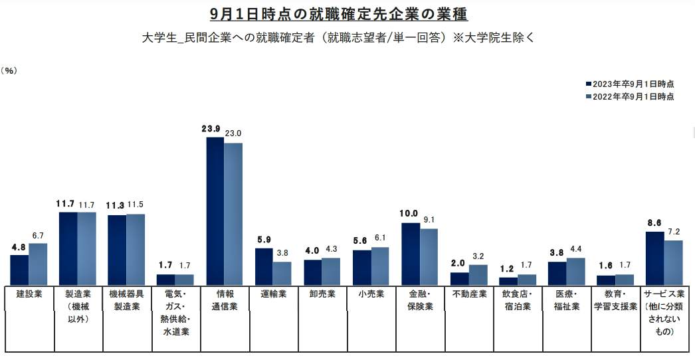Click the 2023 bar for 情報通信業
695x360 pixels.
pos(215,211)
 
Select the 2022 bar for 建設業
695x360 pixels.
pos(38,264)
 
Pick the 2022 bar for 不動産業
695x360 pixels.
pos(478,275)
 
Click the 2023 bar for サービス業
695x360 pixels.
pos(655,258)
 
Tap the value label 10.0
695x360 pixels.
pos(409,213)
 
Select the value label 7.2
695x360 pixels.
pos(674,231)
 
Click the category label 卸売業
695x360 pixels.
pos(322,293)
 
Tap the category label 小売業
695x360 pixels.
pos(371,293)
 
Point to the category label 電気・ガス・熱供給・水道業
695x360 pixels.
pos(175,312)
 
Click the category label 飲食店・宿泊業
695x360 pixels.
pos(518,300)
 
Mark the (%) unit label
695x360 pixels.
pos(10,70)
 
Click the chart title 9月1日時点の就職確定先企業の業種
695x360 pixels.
pos(343,14)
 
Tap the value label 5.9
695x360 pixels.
pos(263,239)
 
